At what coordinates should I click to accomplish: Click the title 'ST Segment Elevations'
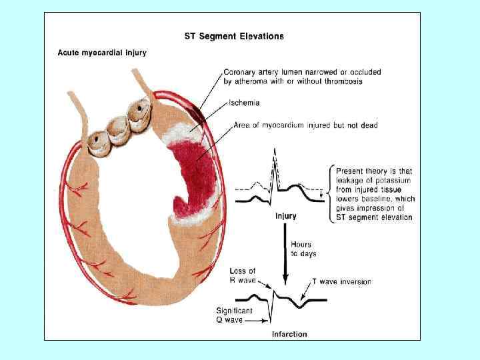pyautogui.click(x=233, y=36)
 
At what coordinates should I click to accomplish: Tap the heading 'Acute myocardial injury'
pyautogui.click(x=102, y=52)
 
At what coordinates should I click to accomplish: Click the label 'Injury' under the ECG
pyautogui.click(x=286, y=216)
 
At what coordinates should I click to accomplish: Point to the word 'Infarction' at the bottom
pyautogui.click(x=289, y=333)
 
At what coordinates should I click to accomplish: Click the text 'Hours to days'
pyautogui.click(x=303, y=249)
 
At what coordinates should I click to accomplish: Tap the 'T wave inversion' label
pyautogui.click(x=342, y=281)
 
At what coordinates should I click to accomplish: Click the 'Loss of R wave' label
pyautogui.click(x=243, y=275)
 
